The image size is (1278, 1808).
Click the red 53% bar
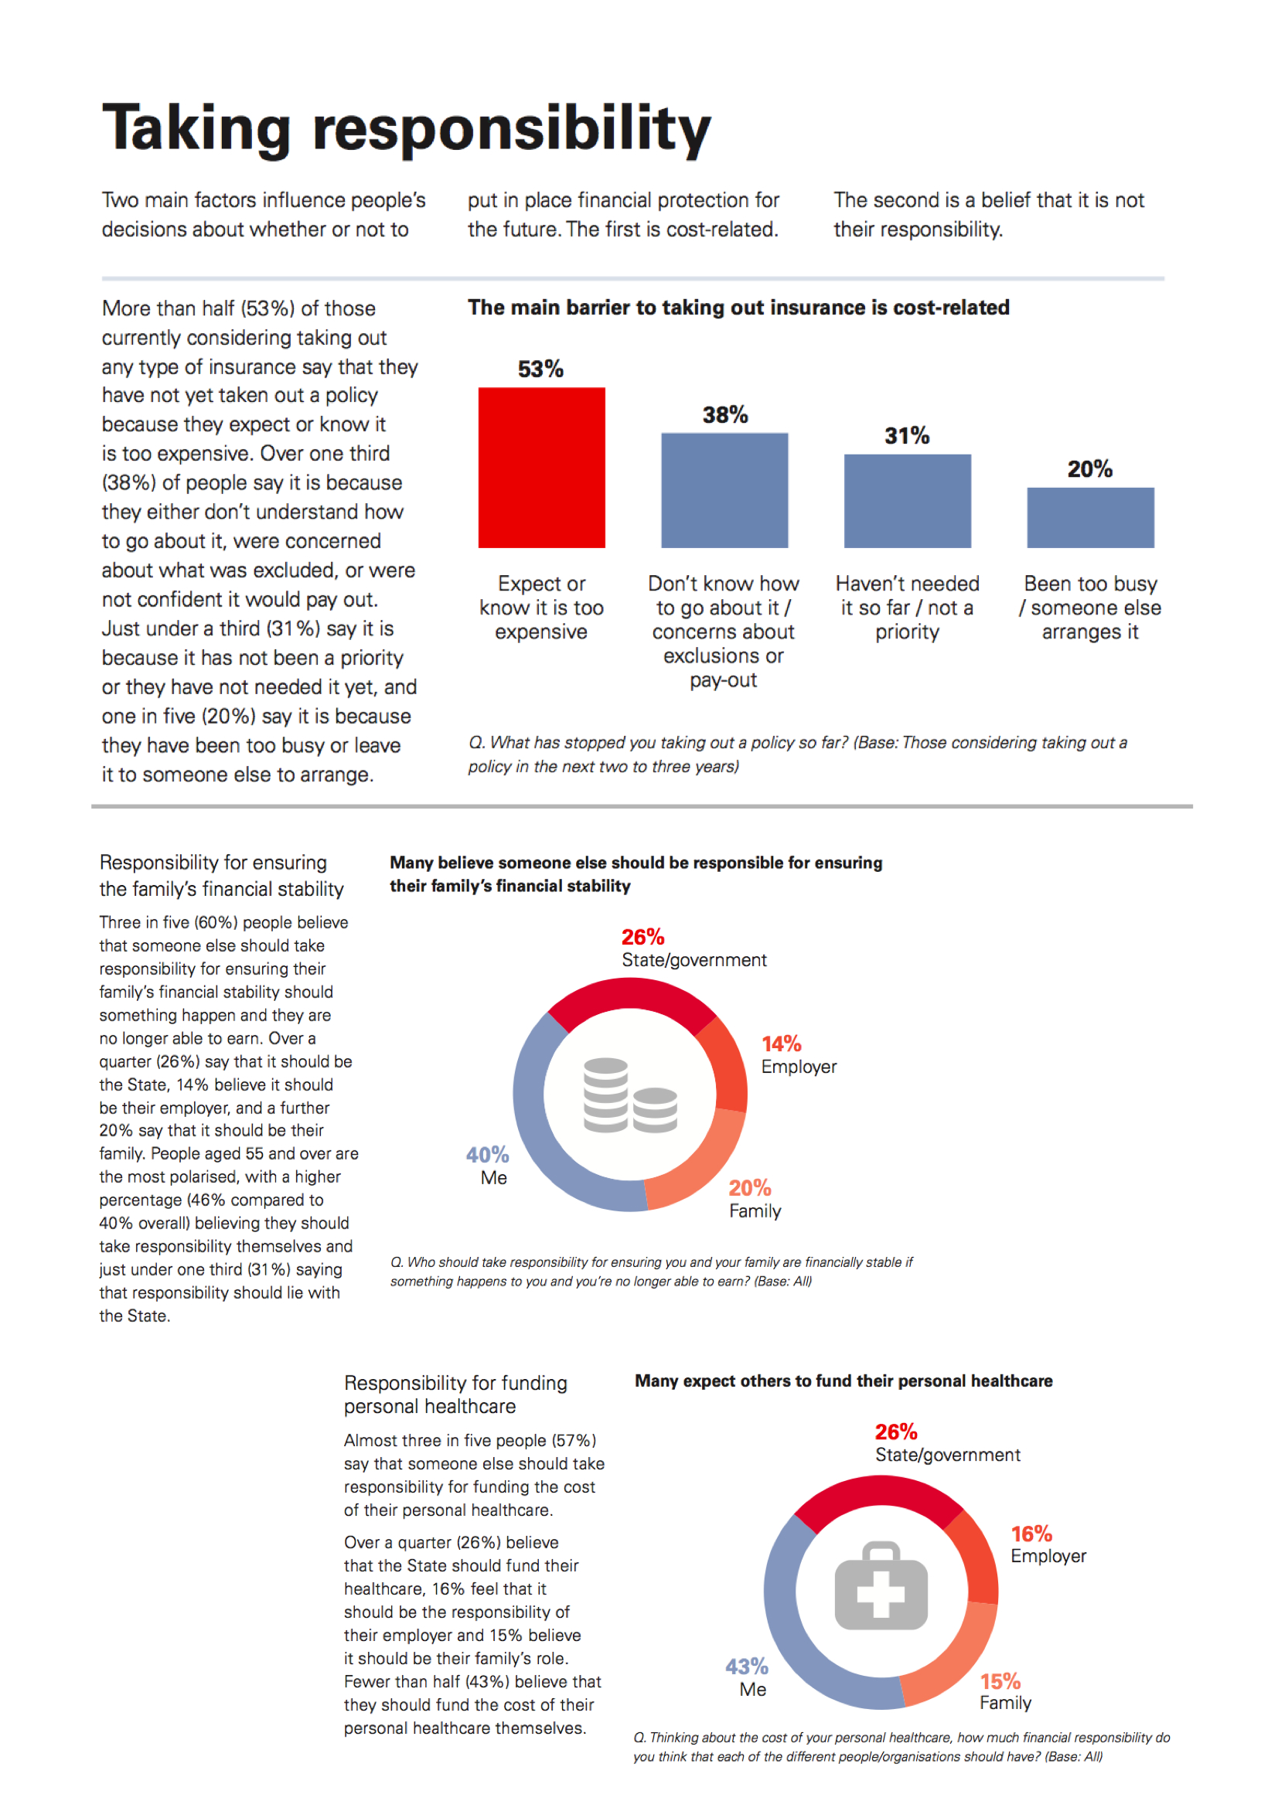[542, 467]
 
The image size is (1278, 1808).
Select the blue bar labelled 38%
[724, 490]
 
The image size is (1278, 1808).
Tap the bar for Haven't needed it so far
[907, 501]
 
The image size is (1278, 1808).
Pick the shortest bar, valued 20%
[1091, 517]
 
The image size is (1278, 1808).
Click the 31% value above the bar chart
[907, 435]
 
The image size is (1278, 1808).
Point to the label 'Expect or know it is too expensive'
[542, 607]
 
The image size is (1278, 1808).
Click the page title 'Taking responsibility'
[407, 128]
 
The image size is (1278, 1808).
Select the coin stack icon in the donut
[630, 1095]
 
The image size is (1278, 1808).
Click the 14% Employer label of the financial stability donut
[799, 1055]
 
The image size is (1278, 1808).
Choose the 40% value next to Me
[487, 1154]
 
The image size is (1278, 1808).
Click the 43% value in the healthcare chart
[747, 1667]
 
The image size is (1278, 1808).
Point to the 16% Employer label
[1048, 1544]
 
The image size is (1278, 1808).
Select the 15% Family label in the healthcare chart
[1005, 1691]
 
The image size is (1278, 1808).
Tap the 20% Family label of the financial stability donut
[755, 1200]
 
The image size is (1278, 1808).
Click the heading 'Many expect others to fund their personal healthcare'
[843, 1381]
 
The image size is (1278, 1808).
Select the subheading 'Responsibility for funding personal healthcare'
[455, 1394]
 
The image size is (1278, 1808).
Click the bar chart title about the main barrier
[738, 307]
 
